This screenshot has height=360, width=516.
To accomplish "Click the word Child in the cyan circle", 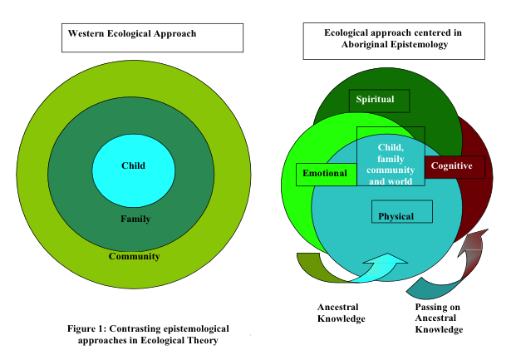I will click(133, 165).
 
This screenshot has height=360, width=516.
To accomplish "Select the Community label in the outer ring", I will click(134, 256).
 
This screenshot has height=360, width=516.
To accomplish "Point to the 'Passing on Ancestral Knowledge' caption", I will click(438, 318).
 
